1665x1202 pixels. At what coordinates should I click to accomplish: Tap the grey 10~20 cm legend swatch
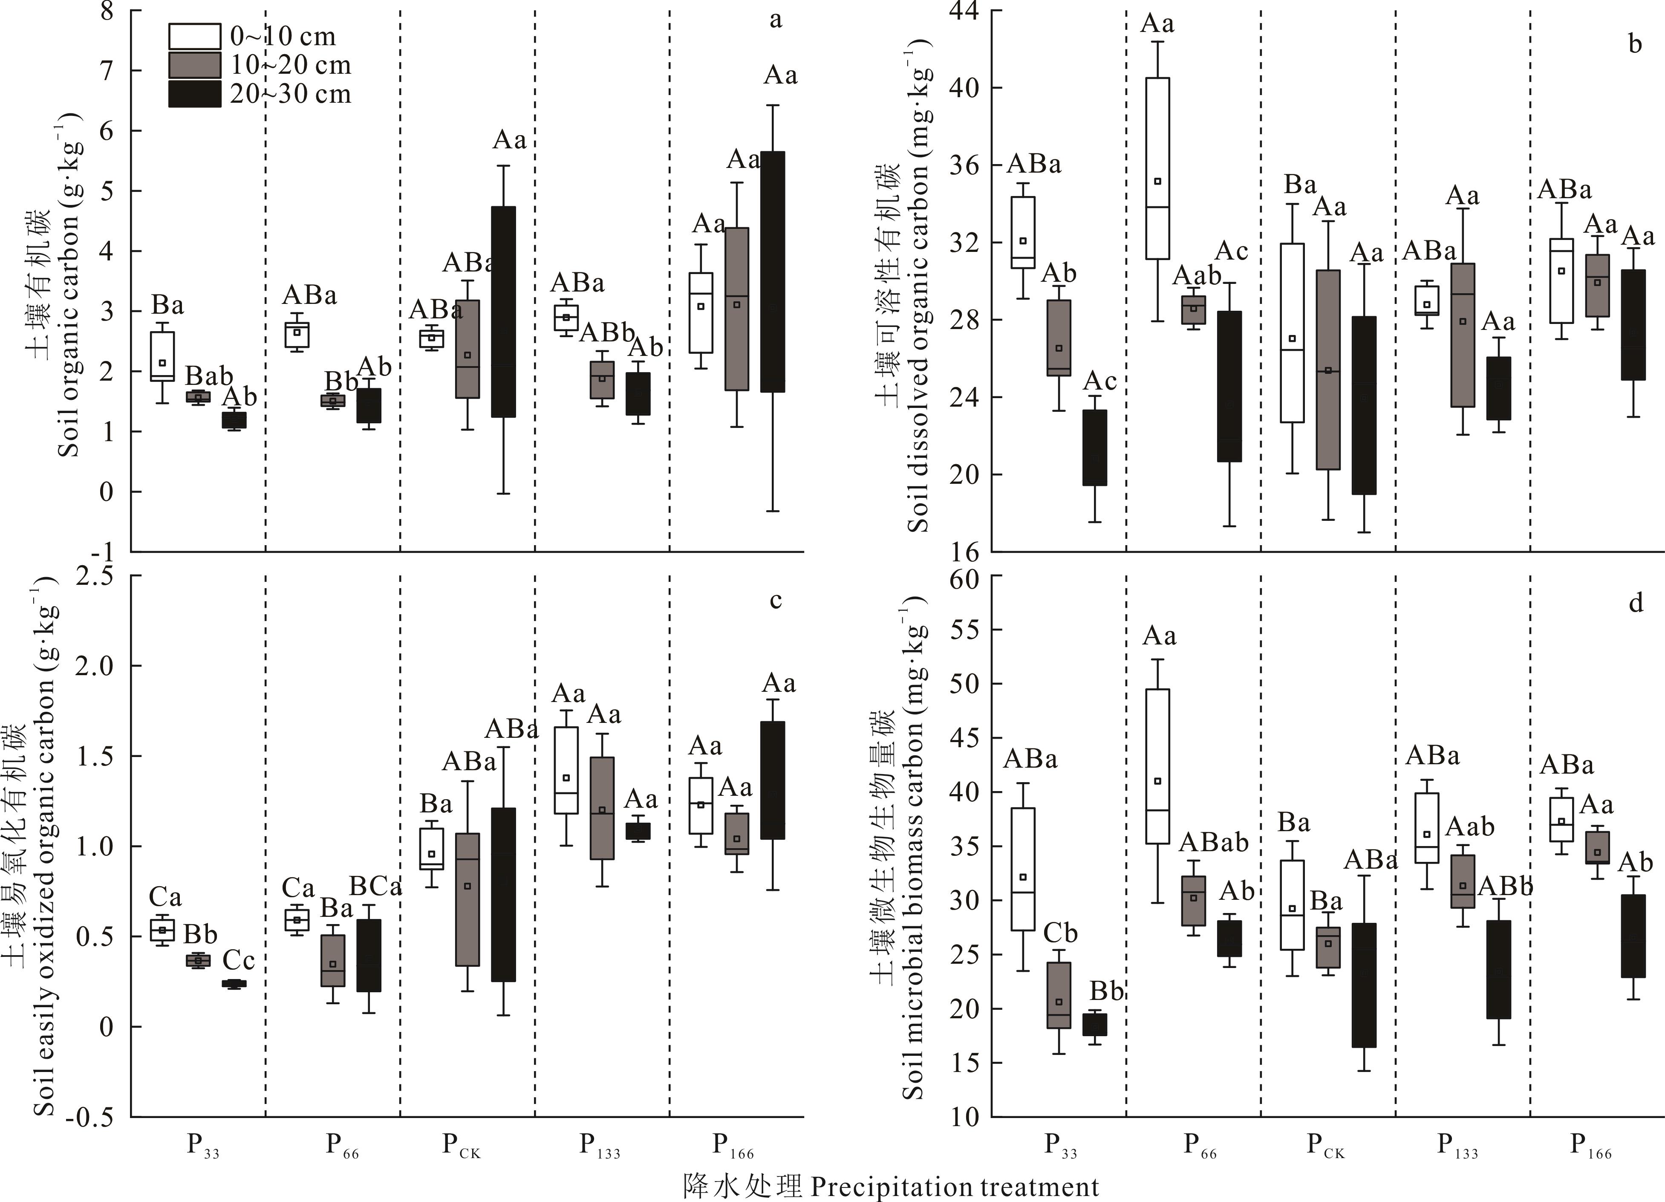tap(195, 65)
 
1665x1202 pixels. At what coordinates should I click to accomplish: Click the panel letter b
tap(1635, 44)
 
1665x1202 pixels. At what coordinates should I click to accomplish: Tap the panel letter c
tap(775, 601)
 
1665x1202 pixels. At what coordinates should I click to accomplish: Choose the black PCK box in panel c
tap(504, 894)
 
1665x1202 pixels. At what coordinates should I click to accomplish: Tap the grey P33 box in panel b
tap(1059, 338)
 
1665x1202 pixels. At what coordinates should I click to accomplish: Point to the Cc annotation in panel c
tap(239, 960)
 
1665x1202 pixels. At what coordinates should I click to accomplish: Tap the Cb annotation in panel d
tap(1060, 933)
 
